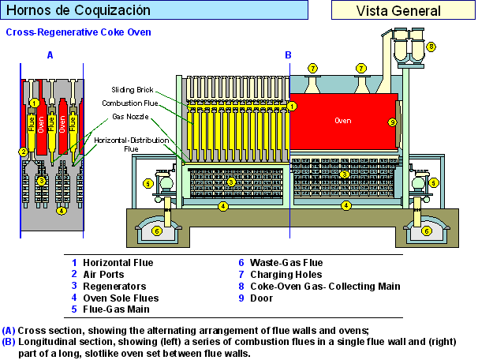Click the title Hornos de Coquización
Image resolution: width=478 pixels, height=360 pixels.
(x=78, y=10)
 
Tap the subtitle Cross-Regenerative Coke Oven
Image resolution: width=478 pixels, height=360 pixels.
(x=78, y=33)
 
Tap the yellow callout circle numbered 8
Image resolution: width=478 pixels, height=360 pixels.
(x=431, y=47)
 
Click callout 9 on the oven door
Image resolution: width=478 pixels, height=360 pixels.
(x=392, y=122)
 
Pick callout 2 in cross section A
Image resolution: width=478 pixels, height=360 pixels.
(x=24, y=152)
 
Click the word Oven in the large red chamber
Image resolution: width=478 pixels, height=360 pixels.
(x=342, y=121)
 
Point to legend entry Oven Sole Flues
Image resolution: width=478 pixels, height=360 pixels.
(x=121, y=298)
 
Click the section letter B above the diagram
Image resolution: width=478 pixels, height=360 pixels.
(x=289, y=54)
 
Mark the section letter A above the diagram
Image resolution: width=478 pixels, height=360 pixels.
(x=50, y=54)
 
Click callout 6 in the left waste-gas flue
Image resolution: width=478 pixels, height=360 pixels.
(x=157, y=231)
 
